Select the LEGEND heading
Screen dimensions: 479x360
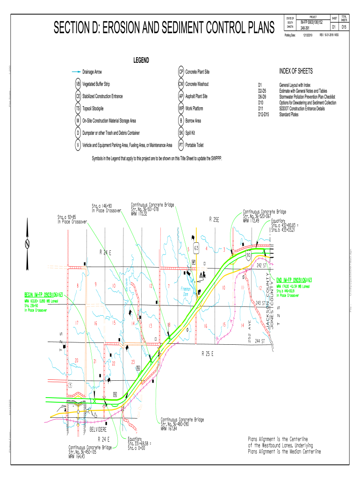141,60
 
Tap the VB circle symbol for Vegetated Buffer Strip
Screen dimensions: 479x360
78,84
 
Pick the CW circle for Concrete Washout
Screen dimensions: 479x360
180,84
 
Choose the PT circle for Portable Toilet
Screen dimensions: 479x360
180,145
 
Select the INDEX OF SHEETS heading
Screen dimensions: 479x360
296,71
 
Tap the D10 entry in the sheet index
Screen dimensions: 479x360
261,102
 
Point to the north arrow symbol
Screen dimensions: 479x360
28,244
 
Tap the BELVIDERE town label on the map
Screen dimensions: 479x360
101,428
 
